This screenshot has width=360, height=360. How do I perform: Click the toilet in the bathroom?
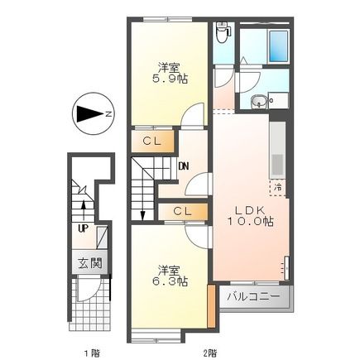click(x=221, y=34)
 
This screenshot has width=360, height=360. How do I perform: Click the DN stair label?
click(x=183, y=165)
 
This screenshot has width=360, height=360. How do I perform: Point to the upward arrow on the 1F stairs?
click(x=84, y=204)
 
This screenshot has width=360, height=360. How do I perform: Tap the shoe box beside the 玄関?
click(x=103, y=238)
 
